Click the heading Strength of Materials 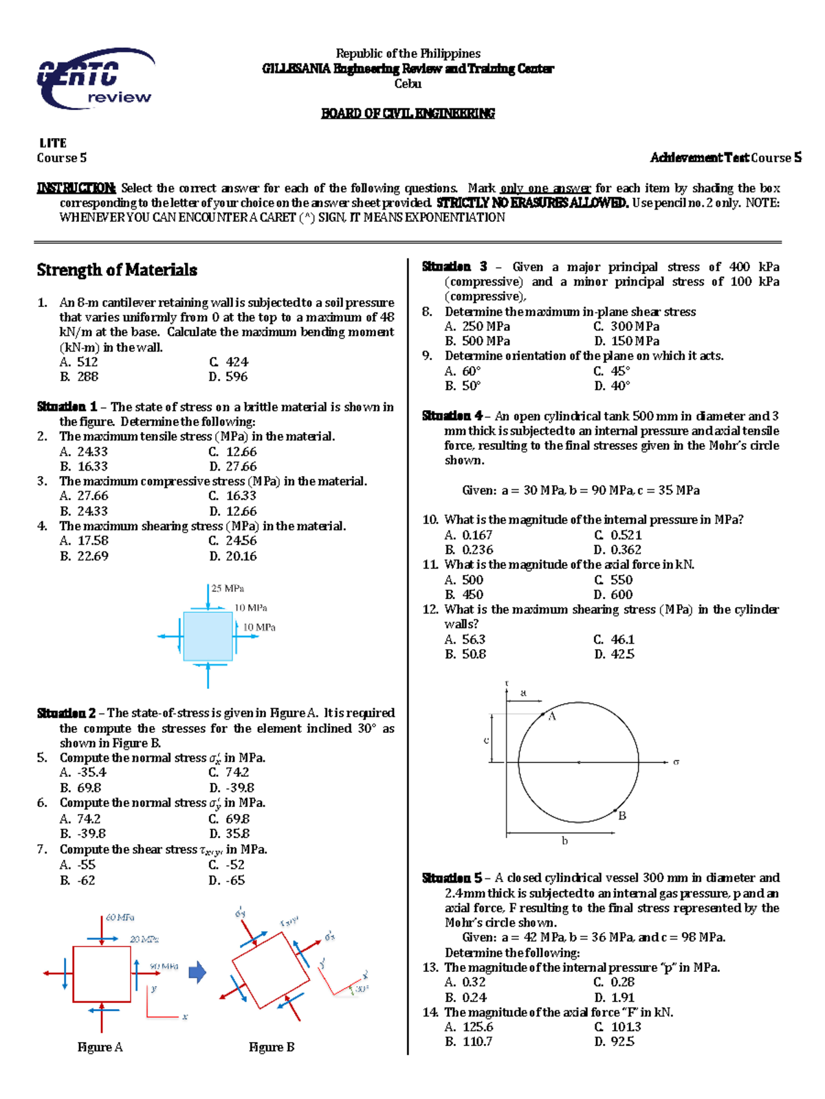[117, 270]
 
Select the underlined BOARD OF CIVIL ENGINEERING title [408, 113]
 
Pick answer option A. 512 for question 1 [79, 362]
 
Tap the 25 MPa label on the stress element [228, 589]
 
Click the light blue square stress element [208, 636]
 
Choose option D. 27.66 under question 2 [232, 466]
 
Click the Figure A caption [100, 1047]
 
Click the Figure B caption [272, 1047]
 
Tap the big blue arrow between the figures [197, 972]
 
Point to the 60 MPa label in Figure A [120, 918]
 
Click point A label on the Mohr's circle [551, 716]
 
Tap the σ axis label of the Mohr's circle [676, 762]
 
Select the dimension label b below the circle [564, 841]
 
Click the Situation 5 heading [452, 878]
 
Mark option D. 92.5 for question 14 [614, 1041]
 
